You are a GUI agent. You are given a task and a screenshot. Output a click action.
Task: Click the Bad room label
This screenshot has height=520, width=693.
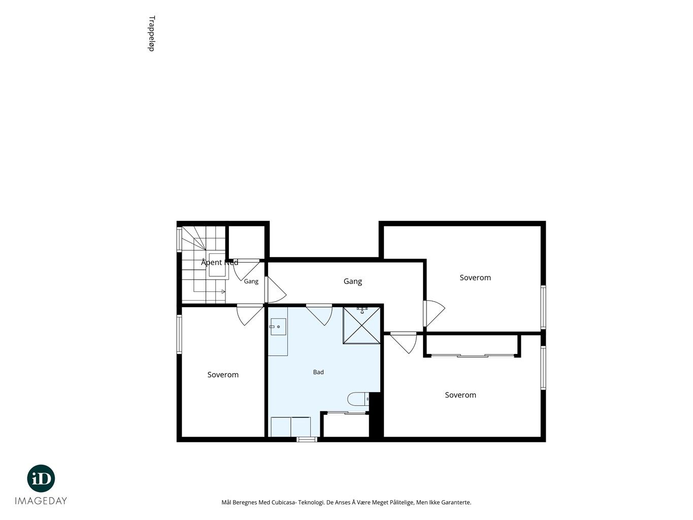click(318, 372)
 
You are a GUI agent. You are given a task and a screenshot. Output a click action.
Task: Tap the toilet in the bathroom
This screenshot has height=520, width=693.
click(358, 399)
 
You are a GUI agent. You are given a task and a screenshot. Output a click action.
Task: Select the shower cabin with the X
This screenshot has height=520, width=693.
click(361, 325)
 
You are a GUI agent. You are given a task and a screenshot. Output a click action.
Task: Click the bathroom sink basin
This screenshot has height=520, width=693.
click(278, 327)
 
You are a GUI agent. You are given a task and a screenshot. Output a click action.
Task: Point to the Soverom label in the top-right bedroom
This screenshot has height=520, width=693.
click(475, 278)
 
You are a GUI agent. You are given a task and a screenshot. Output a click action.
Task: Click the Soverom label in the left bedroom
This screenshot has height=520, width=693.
click(223, 375)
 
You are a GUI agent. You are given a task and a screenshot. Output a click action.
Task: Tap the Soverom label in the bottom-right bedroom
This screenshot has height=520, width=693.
click(460, 395)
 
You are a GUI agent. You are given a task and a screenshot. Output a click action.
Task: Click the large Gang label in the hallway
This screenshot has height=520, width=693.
click(353, 281)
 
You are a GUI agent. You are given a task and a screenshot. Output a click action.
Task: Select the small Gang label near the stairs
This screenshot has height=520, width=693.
click(251, 281)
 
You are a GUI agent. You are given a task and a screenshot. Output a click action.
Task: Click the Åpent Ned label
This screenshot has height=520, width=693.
click(219, 262)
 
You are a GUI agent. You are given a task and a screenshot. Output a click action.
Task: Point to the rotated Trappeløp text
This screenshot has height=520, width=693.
click(151, 34)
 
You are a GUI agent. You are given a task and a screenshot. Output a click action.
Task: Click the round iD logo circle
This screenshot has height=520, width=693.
click(41, 478)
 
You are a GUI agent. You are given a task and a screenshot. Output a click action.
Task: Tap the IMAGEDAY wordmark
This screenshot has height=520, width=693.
click(41, 501)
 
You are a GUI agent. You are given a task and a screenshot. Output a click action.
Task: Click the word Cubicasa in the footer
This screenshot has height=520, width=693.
click(283, 502)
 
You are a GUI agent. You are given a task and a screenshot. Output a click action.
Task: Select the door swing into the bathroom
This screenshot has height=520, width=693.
click(319, 314)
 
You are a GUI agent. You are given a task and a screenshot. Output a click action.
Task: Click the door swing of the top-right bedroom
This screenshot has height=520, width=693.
click(434, 313)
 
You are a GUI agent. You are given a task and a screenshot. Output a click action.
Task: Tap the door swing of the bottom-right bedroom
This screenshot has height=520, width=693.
click(404, 343)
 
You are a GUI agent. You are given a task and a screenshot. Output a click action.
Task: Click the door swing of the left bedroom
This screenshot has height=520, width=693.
click(250, 314)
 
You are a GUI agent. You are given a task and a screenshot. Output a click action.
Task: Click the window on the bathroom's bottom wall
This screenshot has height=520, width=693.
click(307, 439)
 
